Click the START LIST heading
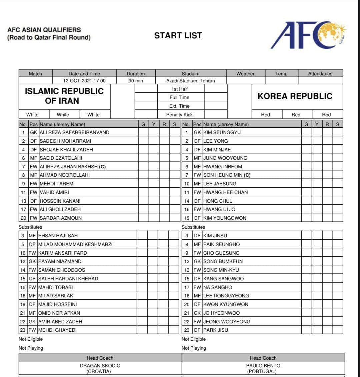pos(178,35)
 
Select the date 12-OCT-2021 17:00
pos(84,81)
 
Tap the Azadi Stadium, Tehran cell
pos(190,81)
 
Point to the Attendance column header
pos(320,74)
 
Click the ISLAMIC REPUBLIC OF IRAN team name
pos(64,96)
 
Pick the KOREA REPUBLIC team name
pos(295,96)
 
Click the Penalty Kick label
pos(179,115)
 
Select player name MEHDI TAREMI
pos(57,184)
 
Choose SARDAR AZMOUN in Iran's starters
pos(61,218)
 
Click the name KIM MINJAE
pos(217,150)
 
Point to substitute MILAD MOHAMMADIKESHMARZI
pos(75,244)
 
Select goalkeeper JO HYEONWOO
pos(221,313)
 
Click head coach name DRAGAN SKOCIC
pos(100,366)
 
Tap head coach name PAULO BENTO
pos(263,366)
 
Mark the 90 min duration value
pos(136,81)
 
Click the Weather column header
pos(245,74)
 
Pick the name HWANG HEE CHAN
pos(226,192)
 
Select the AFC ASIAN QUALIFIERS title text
pos(44,30)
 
